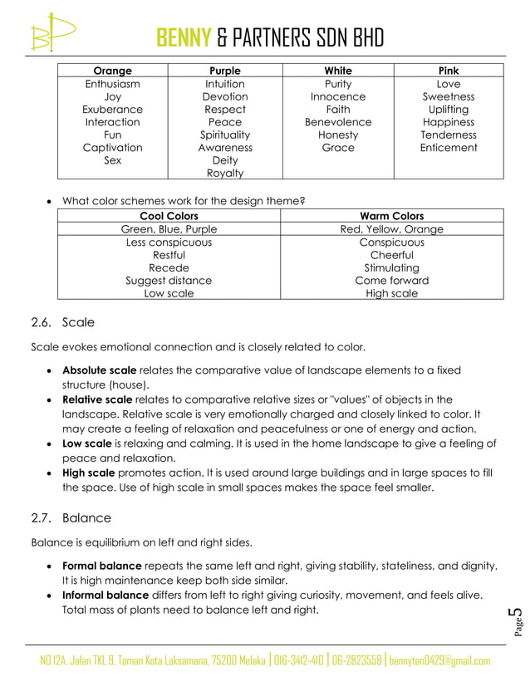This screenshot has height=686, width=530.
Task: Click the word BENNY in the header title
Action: [184, 37]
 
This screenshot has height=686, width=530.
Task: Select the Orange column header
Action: [112, 71]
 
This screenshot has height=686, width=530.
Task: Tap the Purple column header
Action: [225, 71]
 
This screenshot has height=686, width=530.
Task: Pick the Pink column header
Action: [449, 71]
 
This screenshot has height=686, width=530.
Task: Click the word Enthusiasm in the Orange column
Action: [112, 84]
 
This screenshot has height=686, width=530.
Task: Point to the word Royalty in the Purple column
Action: [225, 173]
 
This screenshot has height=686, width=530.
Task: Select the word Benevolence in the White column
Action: [338, 122]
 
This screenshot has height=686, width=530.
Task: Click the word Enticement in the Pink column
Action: [449, 147]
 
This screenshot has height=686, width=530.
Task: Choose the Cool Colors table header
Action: [169, 216]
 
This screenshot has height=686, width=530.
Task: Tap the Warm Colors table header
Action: [392, 216]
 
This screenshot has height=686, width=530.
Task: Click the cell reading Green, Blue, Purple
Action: [169, 229]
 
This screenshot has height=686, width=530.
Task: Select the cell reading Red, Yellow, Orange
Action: [392, 229]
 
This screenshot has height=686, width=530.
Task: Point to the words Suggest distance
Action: [169, 281]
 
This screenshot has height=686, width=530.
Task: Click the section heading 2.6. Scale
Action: [63, 322]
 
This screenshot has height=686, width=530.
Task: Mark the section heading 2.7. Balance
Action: [71, 518]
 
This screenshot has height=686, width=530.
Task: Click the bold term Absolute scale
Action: [100, 370]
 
